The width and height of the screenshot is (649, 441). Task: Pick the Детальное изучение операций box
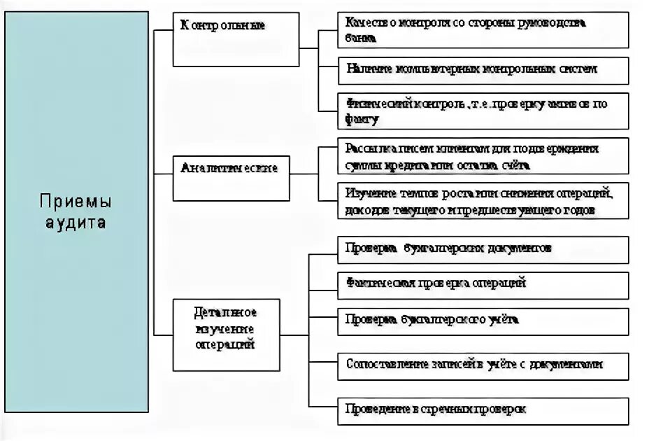click(225, 335)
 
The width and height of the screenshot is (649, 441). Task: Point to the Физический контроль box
click(483, 111)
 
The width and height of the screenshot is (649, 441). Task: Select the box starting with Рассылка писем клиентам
click(483, 157)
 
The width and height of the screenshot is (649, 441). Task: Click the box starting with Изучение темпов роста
click(483, 201)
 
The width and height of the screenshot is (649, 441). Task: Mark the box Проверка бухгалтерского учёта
click(483, 320)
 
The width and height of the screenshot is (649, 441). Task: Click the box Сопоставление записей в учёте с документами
click(483, 365)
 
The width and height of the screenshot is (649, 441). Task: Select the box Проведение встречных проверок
click(483, 408)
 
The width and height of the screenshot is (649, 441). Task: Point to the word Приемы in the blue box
click(75, 203)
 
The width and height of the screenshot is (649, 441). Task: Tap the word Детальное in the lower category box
click(225, 311)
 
